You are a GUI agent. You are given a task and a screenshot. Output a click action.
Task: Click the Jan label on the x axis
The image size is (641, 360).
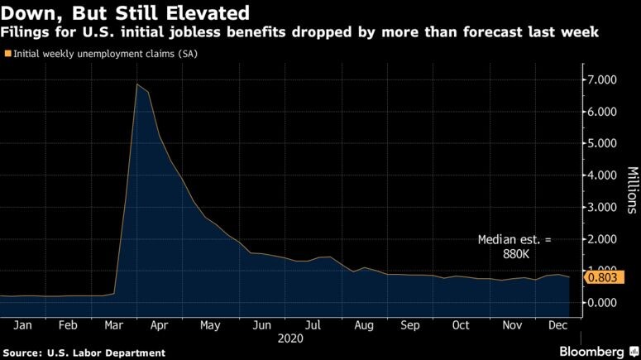point(24,325)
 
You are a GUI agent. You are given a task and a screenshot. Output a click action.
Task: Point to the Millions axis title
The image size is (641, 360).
point(631,190)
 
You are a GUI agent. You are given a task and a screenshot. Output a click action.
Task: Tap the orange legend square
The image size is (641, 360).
point(8,53)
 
